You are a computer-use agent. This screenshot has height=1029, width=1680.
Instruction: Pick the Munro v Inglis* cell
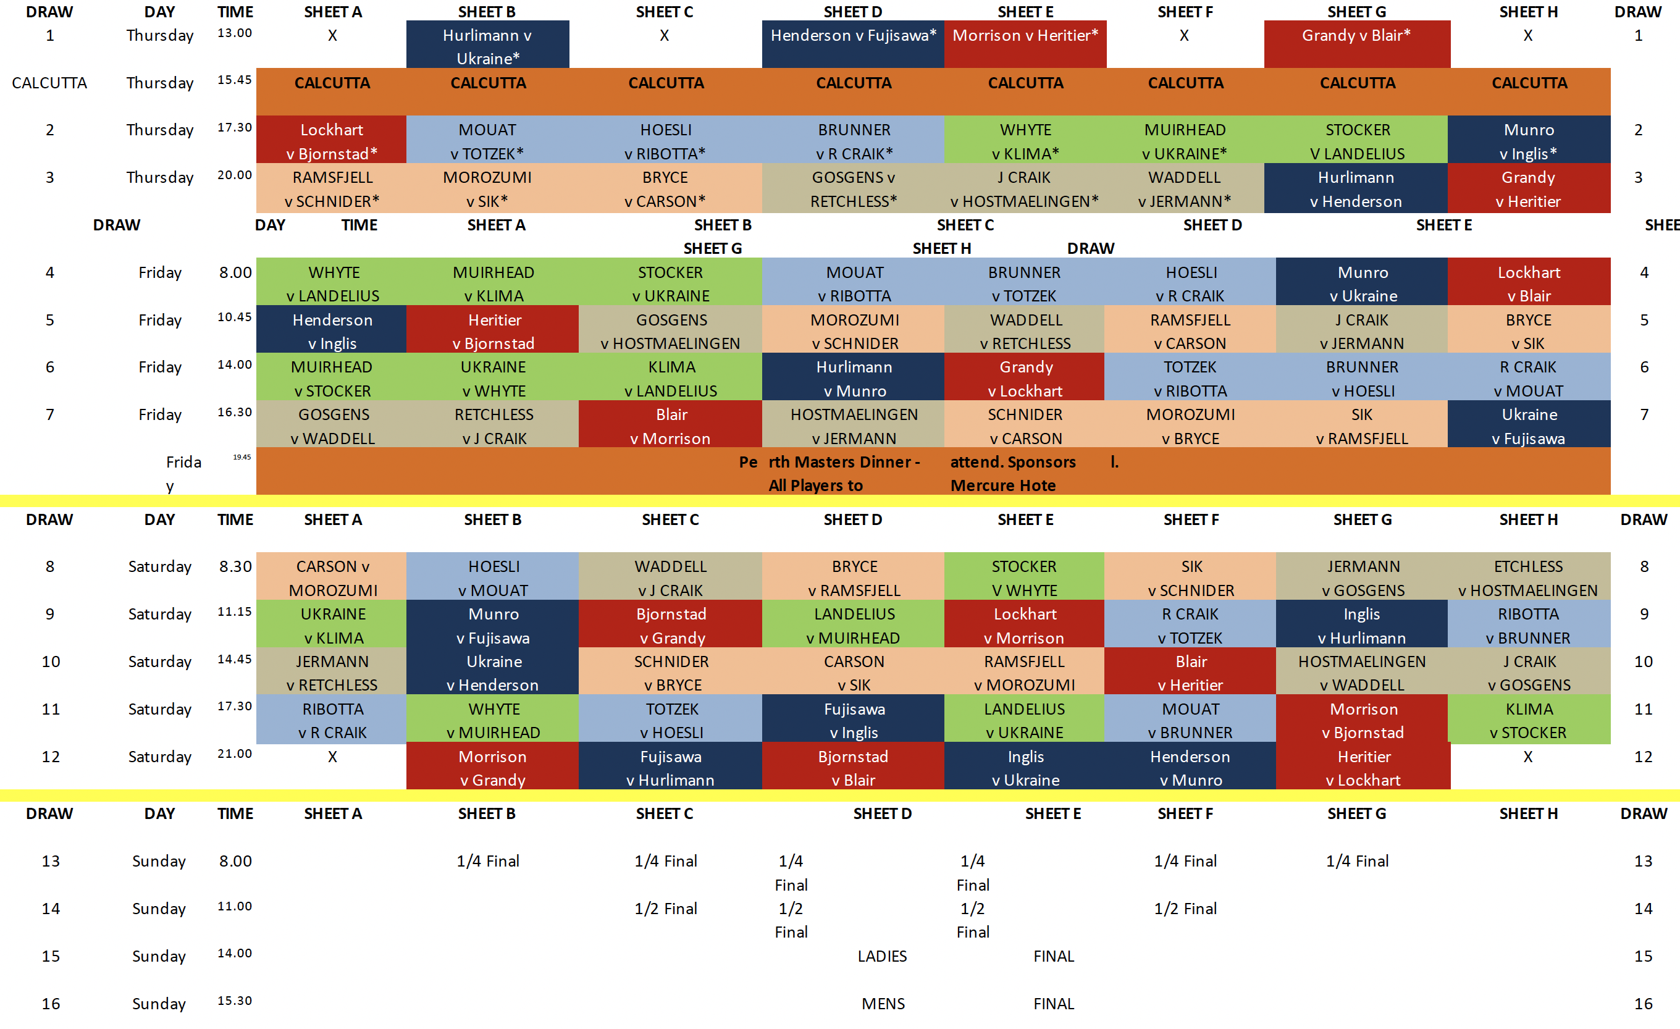point(1528,141)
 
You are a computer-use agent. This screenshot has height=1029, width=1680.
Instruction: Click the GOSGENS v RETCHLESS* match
point(853,189)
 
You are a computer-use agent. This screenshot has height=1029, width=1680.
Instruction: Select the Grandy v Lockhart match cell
point(1025,379)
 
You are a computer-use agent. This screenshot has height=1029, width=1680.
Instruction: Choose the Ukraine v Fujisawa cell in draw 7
point(1528,426)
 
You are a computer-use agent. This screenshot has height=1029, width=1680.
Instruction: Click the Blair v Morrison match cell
point(670,426)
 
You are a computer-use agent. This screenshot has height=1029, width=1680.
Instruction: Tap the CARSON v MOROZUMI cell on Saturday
point(332,577)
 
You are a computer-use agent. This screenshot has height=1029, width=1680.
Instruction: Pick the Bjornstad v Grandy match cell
point(670,625)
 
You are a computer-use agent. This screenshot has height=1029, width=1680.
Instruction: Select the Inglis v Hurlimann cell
point(1361,625)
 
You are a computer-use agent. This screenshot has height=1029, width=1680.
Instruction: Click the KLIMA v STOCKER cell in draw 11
point(1528,720)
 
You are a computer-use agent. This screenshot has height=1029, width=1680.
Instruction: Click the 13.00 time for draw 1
point(235,33)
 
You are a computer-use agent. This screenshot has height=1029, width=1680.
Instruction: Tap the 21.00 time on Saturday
point(235,754)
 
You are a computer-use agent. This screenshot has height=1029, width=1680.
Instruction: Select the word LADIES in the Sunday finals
point(881,956)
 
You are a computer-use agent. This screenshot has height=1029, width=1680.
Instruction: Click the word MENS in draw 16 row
point(883,1004)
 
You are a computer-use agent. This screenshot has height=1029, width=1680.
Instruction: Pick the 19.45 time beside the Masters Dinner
point(241,458)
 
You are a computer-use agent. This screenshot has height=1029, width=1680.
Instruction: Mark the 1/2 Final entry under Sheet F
point(1185,909)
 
